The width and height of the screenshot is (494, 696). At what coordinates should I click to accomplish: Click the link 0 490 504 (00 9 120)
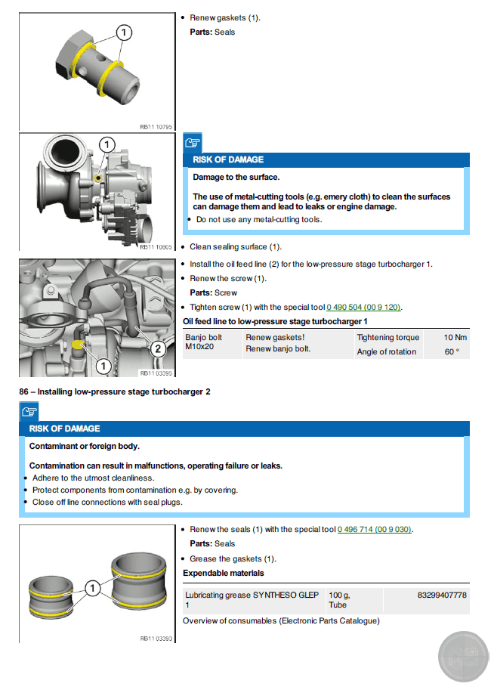click(x=363, y=308)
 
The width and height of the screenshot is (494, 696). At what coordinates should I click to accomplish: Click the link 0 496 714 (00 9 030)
click(x=375, y=530)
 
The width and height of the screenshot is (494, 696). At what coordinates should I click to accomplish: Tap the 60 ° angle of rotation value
click(x=452, y=352)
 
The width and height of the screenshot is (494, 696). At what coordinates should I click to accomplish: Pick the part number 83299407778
click(x=442, y=595)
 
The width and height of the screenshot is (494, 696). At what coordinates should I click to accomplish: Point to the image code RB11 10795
click(x=156, y=127)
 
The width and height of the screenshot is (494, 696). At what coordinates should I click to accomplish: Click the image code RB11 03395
click(x=156, y=373)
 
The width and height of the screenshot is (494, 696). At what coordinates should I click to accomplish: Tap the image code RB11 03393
click(x=156, y=639)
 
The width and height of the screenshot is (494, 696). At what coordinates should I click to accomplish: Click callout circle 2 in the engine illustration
click(x=158, y=348)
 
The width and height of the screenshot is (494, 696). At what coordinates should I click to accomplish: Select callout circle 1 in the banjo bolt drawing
click(x=123, y=32)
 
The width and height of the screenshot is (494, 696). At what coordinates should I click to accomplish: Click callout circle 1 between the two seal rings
click(x=91, y=588)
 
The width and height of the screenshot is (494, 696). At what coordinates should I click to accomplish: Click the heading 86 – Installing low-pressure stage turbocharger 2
click(x=114, y=392)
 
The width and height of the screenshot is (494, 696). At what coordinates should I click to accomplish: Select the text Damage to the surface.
click(x=236, y=178)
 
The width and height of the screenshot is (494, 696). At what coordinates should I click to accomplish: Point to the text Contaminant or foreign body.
click(x=84, y=446)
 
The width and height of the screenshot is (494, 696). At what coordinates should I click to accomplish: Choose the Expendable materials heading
click(x=224, y=574)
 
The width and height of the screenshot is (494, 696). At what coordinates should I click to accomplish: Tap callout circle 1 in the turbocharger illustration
click(x=107, y=144)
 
